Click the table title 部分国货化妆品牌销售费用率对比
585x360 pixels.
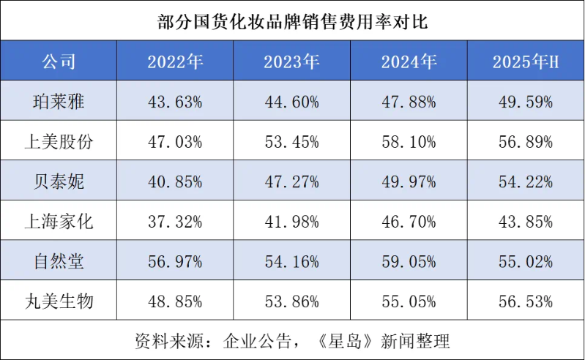coord(292,21)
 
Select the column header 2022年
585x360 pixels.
coord(175,61)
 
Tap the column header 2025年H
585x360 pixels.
coord(526,61)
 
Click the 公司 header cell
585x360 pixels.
coord(59,61)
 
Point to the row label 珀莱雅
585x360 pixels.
coord(59,102)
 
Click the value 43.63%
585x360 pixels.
coord(175,102)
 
